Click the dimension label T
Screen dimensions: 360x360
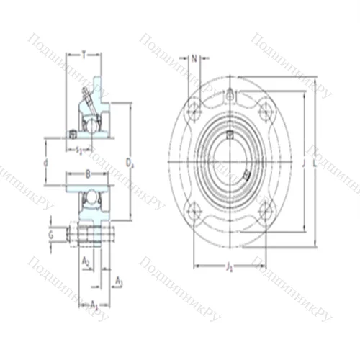tap(84, 55)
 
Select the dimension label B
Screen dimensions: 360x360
tap(86, 174)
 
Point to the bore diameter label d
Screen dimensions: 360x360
tap(45, 163)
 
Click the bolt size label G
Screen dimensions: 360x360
tap(50, 234)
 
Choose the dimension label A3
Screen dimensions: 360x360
tap(119, 282)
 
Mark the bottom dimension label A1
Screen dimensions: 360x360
tap(94, 305)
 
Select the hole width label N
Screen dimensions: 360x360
tap(194, 58)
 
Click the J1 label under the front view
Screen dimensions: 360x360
tap(229, 268)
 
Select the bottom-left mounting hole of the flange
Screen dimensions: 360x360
tap(193, 210)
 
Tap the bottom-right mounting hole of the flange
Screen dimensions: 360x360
tap(266, 210)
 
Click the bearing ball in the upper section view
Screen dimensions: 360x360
tap(91, 124)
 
